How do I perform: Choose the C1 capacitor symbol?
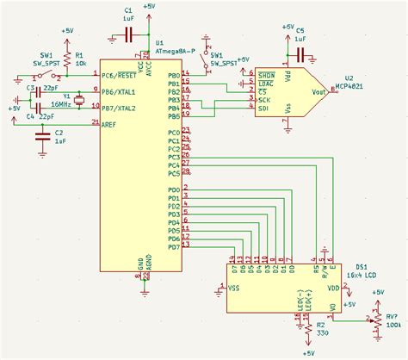(x=127, y=34)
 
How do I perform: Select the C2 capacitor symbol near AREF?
(x=40, y=138)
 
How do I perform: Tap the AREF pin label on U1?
(x=109, y=125)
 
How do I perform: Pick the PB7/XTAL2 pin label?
(x=119, y=109)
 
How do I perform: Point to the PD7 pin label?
(x=174, y=247)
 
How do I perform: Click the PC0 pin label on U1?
(x=174, y=132)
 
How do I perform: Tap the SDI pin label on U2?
(x=264, y=109)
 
